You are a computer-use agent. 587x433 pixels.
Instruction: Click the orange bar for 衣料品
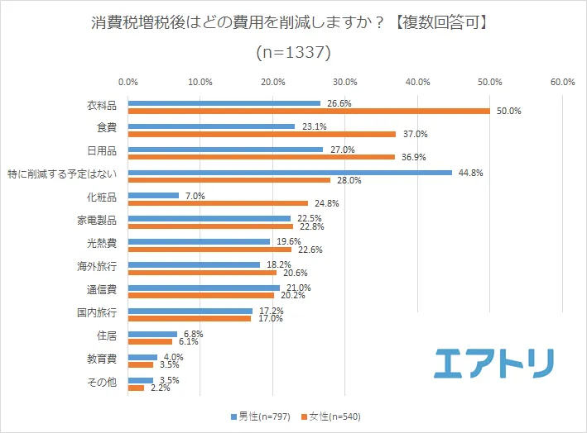309,111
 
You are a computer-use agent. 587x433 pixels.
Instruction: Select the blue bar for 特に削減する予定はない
290,173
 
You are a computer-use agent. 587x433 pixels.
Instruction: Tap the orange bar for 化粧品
218,202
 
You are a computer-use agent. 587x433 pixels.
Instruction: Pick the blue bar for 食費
211,126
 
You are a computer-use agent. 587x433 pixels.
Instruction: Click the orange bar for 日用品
262,157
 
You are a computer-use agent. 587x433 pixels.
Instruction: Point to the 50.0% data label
508,111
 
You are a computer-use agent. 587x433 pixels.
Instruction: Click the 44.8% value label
469,173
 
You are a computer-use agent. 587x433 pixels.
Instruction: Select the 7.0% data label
193,196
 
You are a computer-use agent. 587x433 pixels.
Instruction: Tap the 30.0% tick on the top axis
345,82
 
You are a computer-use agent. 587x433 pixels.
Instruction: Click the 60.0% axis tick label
562,82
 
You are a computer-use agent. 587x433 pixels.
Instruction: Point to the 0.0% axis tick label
128,82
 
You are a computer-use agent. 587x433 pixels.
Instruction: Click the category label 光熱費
103,244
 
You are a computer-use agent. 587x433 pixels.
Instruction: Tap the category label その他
103,383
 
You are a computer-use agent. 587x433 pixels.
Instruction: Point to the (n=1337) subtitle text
293,52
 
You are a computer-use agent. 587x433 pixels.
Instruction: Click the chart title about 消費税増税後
293,22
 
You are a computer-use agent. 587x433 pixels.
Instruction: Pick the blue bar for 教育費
142,357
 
